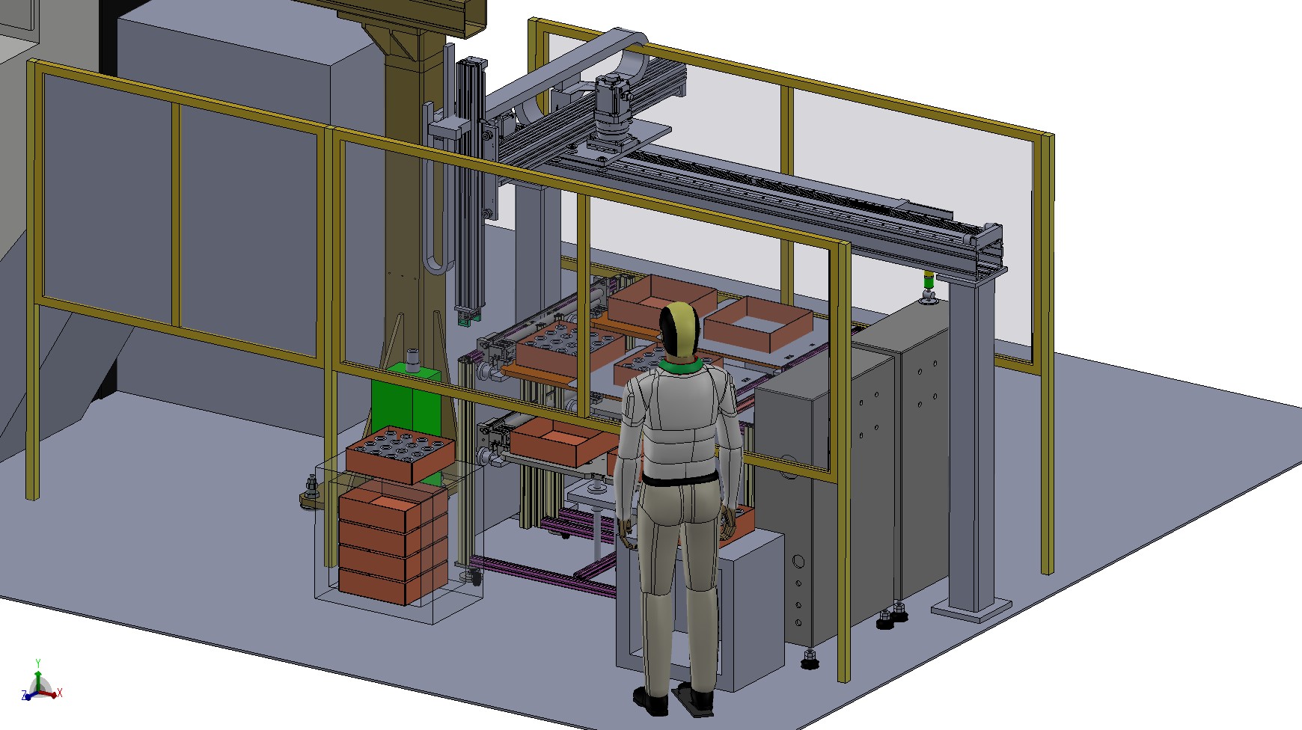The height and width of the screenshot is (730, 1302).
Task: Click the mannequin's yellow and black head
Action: pos(679,329)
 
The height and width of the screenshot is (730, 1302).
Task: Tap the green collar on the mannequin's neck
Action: pos(680,365)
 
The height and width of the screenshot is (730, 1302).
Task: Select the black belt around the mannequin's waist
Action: pos(677,481)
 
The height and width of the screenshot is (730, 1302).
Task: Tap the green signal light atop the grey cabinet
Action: pos(929,281)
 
